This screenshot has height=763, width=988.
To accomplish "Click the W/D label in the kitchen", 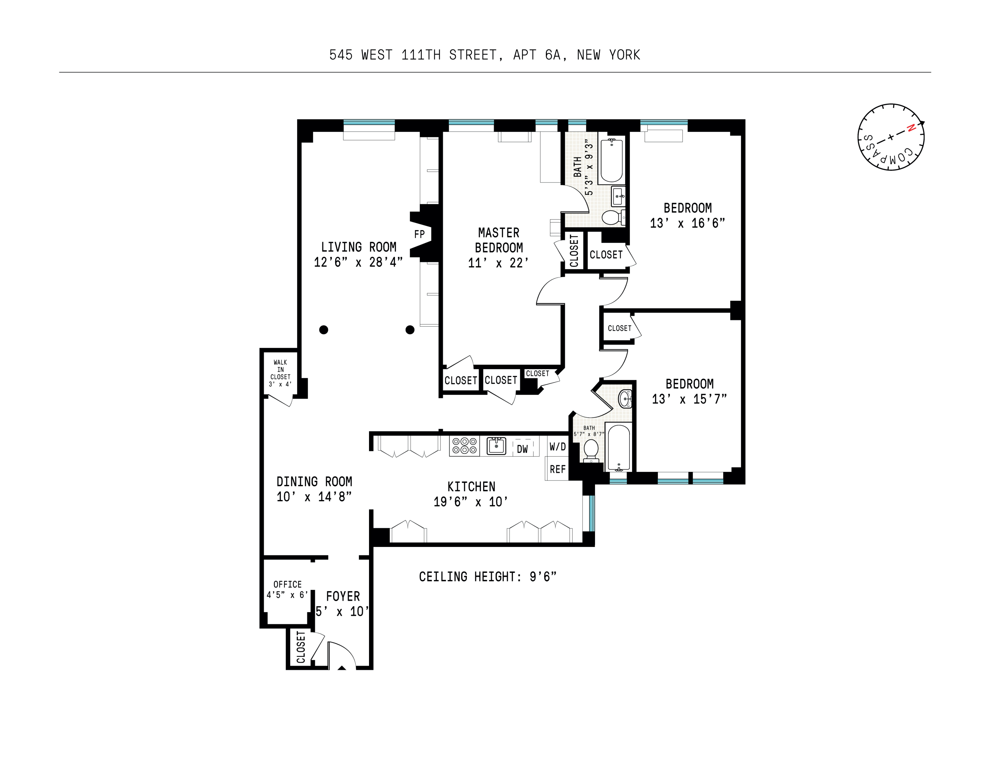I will tap(557, 447).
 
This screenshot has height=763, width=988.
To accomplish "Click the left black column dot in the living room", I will tap(323, 330).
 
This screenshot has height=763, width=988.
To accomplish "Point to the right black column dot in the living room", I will tap(410, 330).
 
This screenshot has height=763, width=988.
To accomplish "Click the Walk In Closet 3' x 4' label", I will tap(280, 373).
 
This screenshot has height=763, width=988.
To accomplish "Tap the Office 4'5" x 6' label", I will tap(287, 589).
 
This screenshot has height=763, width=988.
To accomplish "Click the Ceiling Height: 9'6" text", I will tap(487, 577).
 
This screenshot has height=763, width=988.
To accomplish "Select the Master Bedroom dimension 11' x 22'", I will tap(498, 263).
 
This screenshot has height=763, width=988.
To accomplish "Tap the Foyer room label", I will tap(343, 597).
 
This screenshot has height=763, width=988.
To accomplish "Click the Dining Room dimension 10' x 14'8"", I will tap(314, 497).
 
